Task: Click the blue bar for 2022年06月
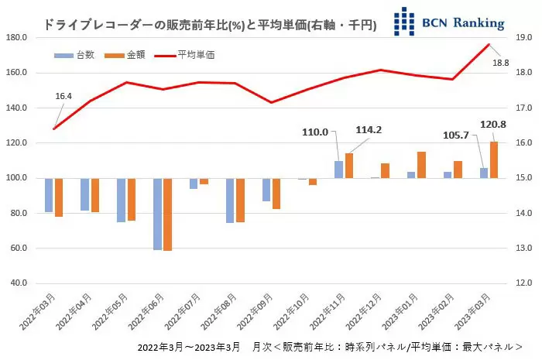click(x=157, y=214)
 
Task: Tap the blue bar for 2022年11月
click(x=338, y=170)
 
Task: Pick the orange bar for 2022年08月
click(x=240, y=200)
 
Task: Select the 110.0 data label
click(x=315, y=132)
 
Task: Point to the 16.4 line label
click(x=63, y=96)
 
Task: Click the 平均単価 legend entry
click(x=185, y=55)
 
